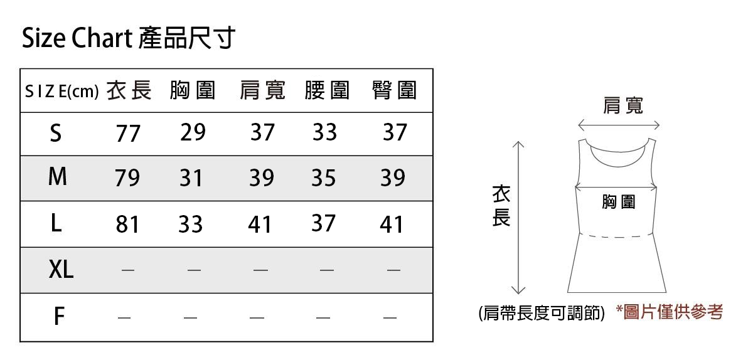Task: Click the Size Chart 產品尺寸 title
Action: click(129, 39)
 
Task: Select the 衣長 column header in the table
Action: click(129, 91)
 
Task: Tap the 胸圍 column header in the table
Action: click(192, 91)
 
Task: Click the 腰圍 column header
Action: click(326, 91)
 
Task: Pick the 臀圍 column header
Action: click(394, 91)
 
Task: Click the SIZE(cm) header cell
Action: click(61, 92)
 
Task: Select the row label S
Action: click(56, 133)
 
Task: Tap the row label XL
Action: click(61, 270)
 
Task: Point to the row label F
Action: click(59, 317)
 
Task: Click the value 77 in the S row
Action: click(127, 134)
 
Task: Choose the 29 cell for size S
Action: click(193, 132)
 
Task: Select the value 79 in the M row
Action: click(127, 179)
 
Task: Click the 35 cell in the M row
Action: click(324, 178)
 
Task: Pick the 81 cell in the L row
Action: click(127, 224)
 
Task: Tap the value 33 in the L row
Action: click(190, 224)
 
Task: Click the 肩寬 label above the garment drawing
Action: click(622, 105)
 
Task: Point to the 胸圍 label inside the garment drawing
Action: click(618, 202)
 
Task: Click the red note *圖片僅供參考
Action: click(669, 312)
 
